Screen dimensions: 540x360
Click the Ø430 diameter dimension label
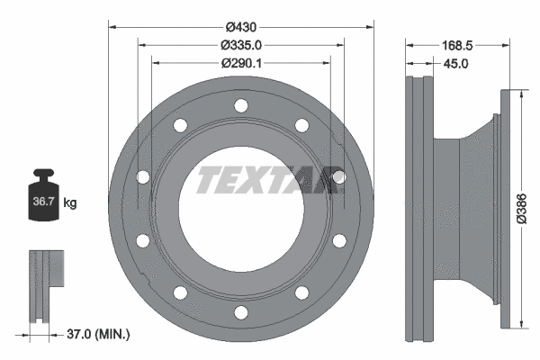[241, 27]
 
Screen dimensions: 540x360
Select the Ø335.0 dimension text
[241, 45]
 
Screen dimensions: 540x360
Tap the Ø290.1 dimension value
[241, 63]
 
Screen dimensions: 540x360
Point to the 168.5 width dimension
[457, 46]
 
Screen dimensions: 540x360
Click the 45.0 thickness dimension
[455, 64]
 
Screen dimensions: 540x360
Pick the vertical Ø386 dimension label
[522, 209]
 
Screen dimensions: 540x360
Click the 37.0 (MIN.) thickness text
[98, 334]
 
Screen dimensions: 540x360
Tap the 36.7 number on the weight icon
[43, 202]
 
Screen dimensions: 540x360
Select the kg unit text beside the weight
[70, 202]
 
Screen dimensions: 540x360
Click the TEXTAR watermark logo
[268, 180]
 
